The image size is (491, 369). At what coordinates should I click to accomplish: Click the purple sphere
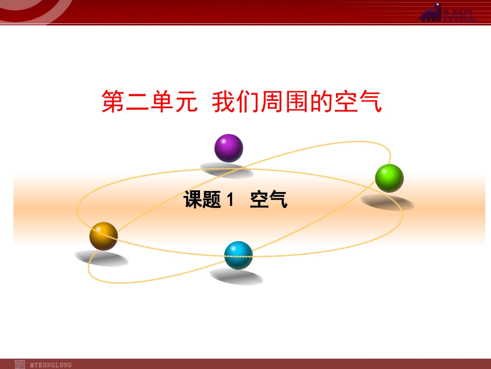pyautogui.click(x=228, y=148)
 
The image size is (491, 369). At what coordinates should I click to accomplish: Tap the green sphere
pyautogui.click(x=389, y=178)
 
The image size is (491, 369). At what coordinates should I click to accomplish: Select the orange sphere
pyautogui.click(x=103, y=236)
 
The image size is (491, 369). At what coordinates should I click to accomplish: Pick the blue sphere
pyautogui.click(x=238, y=255)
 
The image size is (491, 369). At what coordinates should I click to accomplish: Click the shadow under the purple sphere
pyautogui.click(x=226, y=170)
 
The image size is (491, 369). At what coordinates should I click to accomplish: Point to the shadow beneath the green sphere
pyautogui.click(x=387, y=202)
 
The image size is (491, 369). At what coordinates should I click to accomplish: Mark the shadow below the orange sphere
pyautogui.click(x=101, y=258)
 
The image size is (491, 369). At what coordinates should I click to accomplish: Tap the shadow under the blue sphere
pyautogui.click(x=236, y=277)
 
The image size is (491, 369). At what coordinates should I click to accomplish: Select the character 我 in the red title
pyautogui.click(x=224, y=101)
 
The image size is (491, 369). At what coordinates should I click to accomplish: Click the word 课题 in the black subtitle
pyautogui.click(x=203, y=200)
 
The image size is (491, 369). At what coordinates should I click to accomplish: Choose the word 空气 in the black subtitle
pyautogui.click(x=269, y=200)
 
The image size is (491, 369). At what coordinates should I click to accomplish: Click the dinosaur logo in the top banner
pyautogui.click(x=431, y=12)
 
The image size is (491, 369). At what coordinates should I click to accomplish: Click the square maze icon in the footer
pyautogui.click(x=20, y=364)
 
